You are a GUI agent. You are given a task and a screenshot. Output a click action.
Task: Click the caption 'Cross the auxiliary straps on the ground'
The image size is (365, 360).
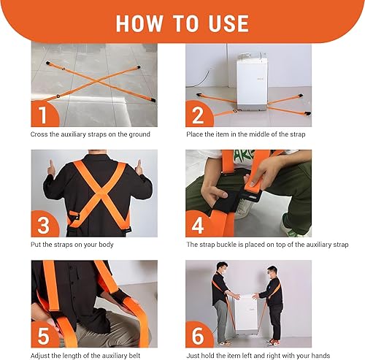[x=91, y=135]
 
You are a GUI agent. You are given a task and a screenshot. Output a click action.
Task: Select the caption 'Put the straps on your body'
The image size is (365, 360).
[x=72, y=245]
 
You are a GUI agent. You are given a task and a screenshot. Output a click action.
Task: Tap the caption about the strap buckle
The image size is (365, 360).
[x=267, y=245]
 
